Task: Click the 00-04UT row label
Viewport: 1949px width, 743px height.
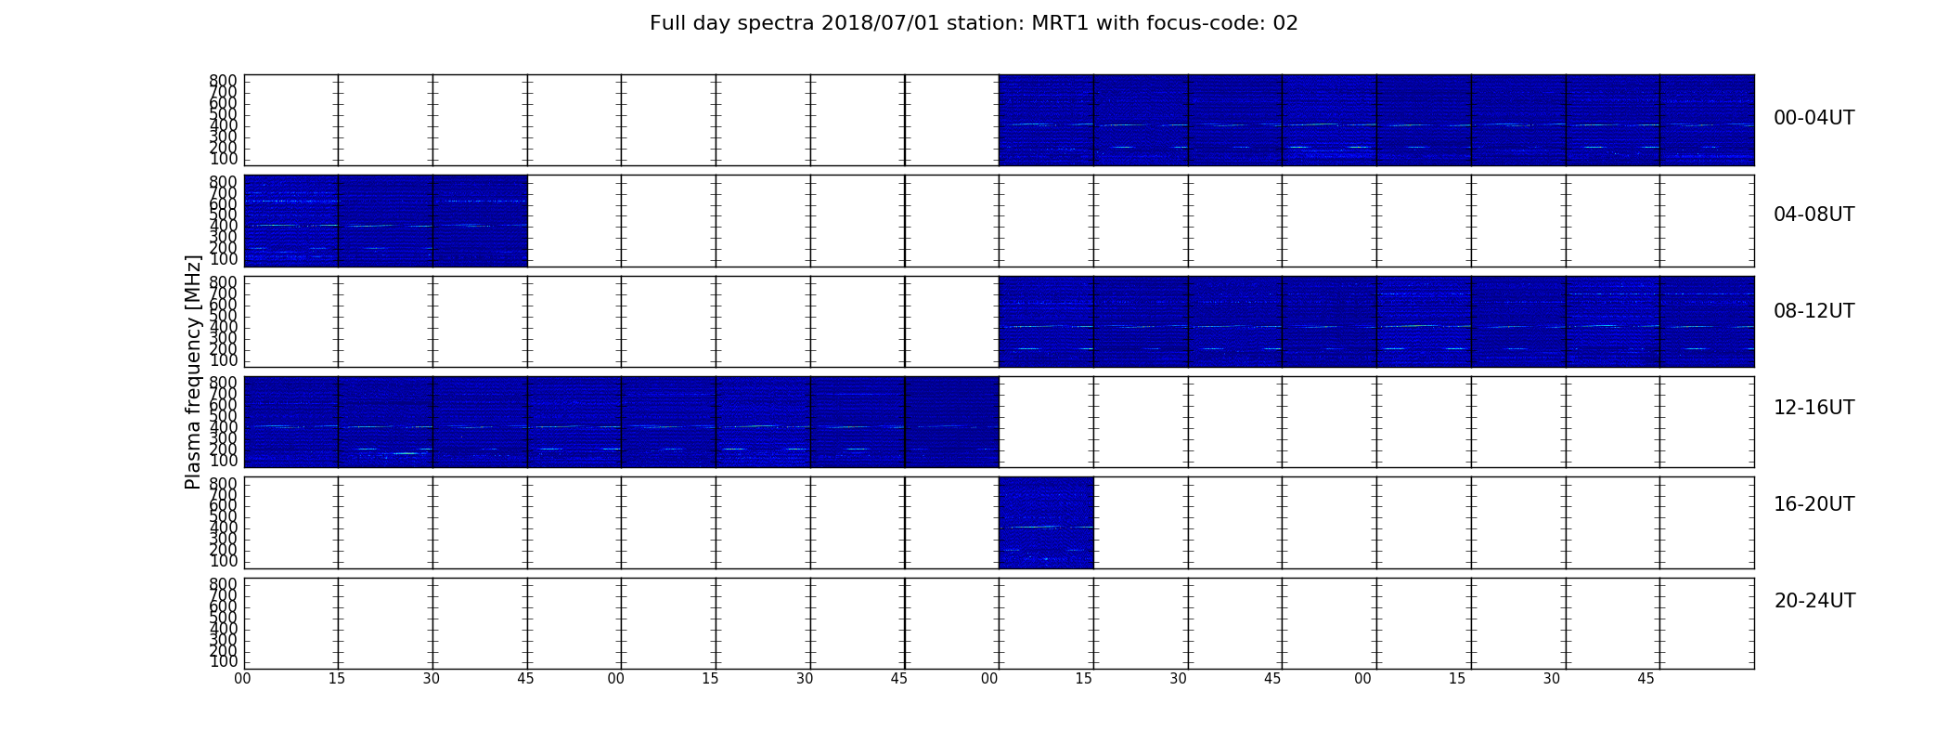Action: click(1813, 118)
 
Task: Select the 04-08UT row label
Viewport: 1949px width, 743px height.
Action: click(1813, 215)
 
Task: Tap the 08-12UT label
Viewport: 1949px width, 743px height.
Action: click(1813, 311)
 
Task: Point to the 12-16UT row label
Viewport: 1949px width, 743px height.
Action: click(1813, 408)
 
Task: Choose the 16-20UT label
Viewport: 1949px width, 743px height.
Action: click(1813, 504)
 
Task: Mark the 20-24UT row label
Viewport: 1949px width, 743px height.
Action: click(1814, 601)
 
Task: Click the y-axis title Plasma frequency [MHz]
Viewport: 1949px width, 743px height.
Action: click(193, 371)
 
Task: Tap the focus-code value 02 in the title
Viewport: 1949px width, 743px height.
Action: click(1285, 23)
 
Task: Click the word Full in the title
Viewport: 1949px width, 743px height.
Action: click(667, 23)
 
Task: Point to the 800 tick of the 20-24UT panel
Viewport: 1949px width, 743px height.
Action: click(223, 584)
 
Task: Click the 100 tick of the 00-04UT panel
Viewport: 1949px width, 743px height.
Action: click(223, 159)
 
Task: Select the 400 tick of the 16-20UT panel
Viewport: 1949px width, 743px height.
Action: click(223, 528)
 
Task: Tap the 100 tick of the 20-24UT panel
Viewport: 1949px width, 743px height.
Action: click(223, 662)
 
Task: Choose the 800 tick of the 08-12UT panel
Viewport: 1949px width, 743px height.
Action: click(223, 282)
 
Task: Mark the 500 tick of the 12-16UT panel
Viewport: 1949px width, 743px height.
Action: click(223, 416)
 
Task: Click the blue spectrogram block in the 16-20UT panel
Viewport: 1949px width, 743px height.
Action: click(1046, 522)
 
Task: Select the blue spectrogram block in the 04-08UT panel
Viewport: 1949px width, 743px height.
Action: click(385, 221)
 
